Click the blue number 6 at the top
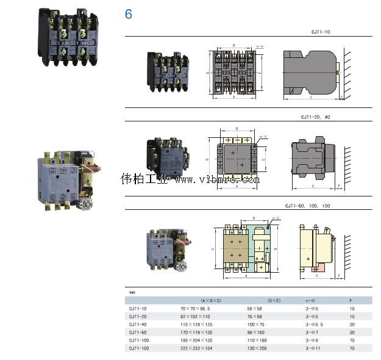pyautogui.click(x=128, y=14)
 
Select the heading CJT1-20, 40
pyautogui.click(x=315, y=116)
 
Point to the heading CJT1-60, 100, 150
pyautogui.click(x=308, y=206)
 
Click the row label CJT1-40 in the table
pyautogui.click(x=138, y=324)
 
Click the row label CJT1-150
pyautogui.click(x=139, y=347)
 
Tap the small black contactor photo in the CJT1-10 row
pyautogui.click(x=167, y=71)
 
